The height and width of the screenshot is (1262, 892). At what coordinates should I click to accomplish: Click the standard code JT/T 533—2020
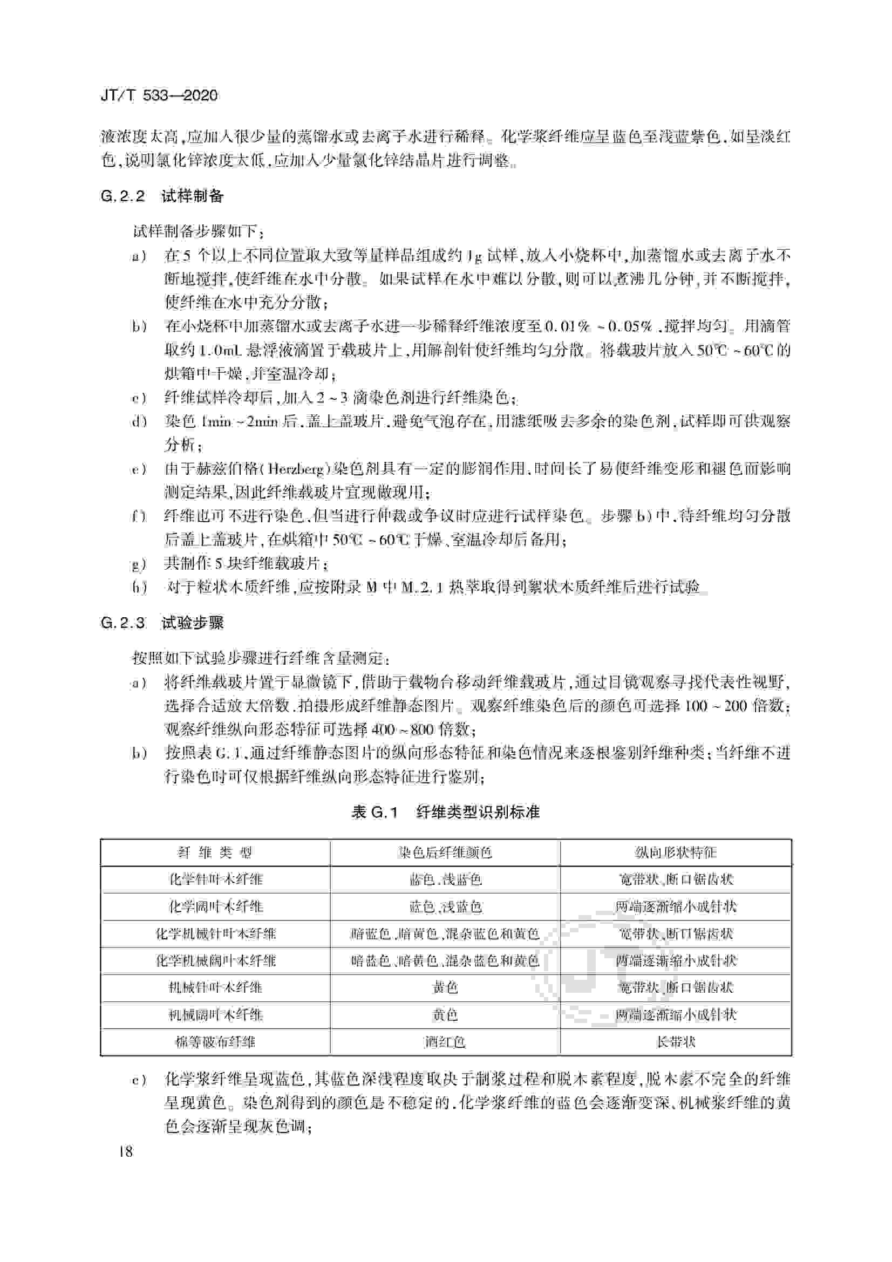[159, 95]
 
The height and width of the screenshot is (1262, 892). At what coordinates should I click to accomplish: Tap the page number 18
[125, 1151]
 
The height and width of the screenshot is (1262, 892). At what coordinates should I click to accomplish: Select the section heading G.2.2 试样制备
[162, 196]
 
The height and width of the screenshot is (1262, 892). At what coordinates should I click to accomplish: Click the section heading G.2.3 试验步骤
[162, 623]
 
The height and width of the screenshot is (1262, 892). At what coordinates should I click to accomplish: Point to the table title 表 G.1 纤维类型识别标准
[445, 812]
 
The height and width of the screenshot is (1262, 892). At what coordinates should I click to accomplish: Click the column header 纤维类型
[215, 852]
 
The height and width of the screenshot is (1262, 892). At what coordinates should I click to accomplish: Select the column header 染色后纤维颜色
[445, 852]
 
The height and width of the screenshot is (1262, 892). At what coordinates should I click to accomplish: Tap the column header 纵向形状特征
[676, 852]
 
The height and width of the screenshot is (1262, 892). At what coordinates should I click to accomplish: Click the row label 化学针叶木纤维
[215, 879]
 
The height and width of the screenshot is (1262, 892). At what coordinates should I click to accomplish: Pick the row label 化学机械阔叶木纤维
[215, 961]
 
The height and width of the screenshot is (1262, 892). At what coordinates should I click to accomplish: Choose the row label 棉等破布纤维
[215, 1041]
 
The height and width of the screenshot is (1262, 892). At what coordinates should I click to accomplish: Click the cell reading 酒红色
[445, 1041]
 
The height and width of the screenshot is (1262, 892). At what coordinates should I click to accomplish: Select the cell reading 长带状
[676, 1041]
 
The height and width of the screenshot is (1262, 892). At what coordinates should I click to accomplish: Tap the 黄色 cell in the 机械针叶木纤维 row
[445, 988]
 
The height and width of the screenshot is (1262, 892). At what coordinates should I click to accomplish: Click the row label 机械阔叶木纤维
[215, 1015]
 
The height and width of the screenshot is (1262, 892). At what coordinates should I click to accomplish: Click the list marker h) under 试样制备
[139, 588]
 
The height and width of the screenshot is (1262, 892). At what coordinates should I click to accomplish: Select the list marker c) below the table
[139, 1081]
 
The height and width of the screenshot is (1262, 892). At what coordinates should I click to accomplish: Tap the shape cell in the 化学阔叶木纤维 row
[676, 906]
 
